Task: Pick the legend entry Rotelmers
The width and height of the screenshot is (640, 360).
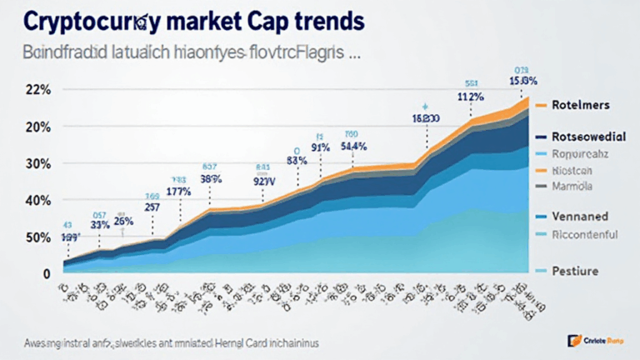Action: point(582,106)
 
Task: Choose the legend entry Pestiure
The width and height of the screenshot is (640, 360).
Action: point(577,272)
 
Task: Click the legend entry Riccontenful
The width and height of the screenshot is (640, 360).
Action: point(585,234)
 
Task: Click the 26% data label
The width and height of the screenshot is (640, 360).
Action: point(124,222)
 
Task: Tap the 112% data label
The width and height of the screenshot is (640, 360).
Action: point(471,96)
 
